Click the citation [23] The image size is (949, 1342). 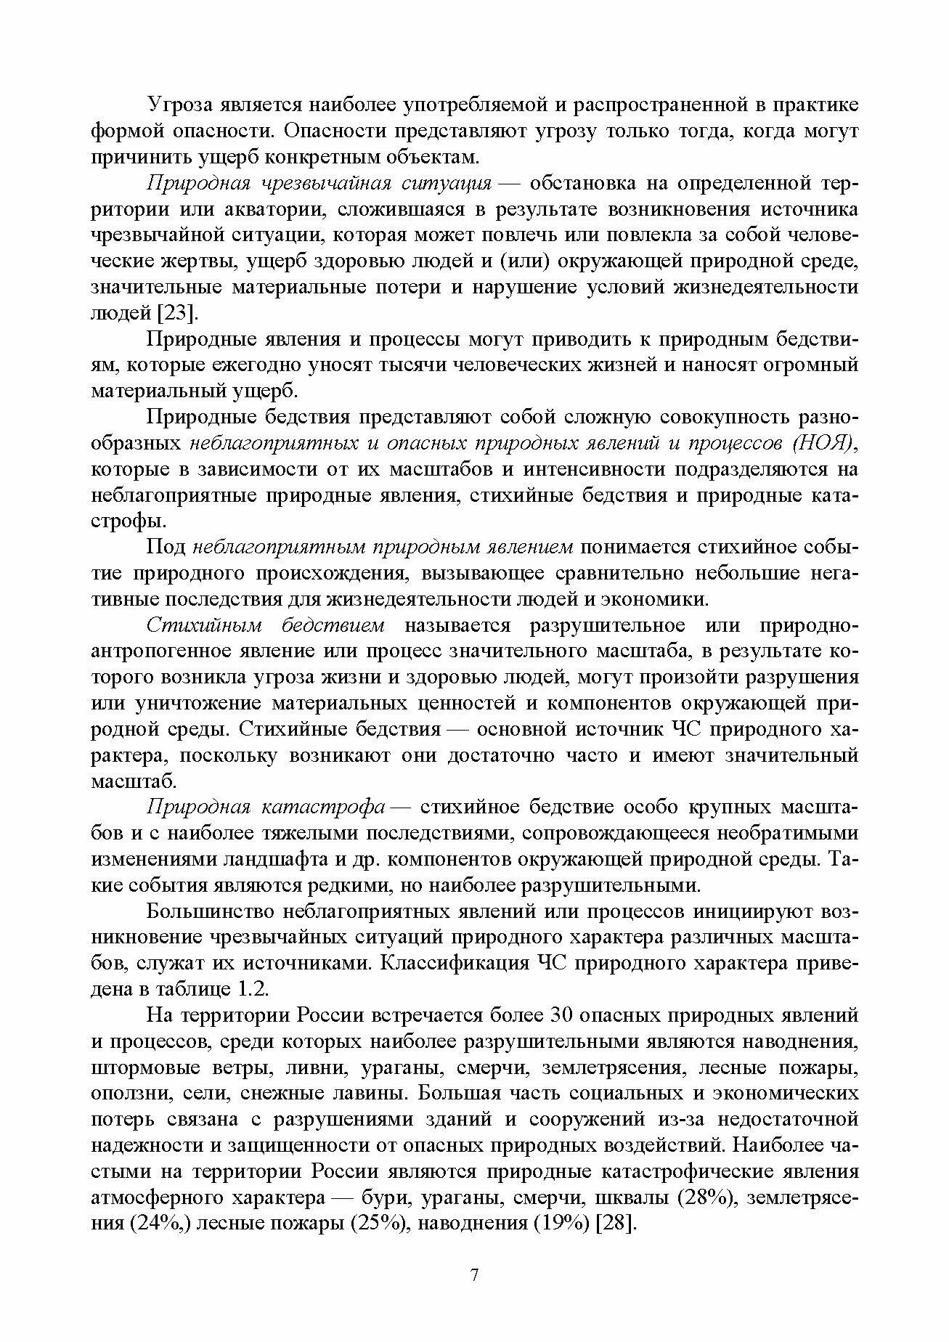click(x=178, y=313)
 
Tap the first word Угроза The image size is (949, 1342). click(x=180, y=105)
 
